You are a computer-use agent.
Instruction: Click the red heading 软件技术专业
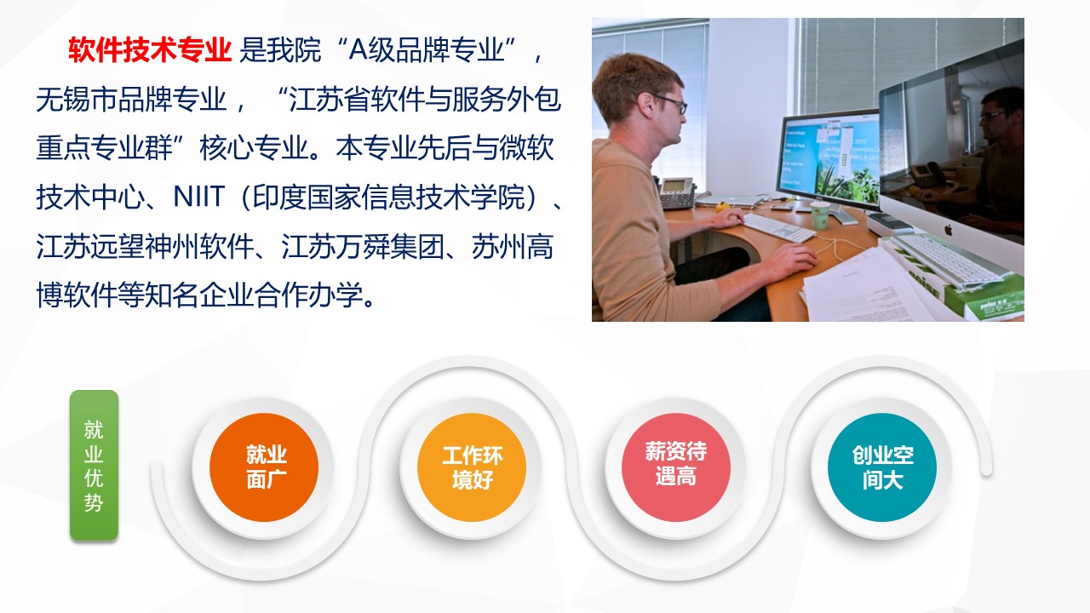pos(149,49)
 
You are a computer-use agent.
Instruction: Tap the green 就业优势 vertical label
pos(94,465)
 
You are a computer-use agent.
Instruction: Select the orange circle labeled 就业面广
pos(264,467)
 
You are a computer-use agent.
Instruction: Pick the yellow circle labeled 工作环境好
pos(472,467)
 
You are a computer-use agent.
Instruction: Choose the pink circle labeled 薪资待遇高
pos(676,467)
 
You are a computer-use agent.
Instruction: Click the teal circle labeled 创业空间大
pos(882,467)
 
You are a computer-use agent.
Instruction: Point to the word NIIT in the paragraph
pos(199,197)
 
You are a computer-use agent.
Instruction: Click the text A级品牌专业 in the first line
pos(427,49)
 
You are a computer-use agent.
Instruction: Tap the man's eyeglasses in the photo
pos(673,104)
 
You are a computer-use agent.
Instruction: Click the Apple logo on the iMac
pos(949,229)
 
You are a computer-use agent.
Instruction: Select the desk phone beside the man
pos(677,193)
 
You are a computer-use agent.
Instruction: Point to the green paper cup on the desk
pos(820,215)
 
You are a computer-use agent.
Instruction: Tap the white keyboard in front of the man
pos(779,227)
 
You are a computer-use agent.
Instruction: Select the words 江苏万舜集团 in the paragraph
pos(363,246)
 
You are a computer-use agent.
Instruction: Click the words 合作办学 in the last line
pos(309,295)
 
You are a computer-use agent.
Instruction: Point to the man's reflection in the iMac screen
pos(993,161)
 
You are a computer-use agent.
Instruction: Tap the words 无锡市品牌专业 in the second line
pos(131,100)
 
